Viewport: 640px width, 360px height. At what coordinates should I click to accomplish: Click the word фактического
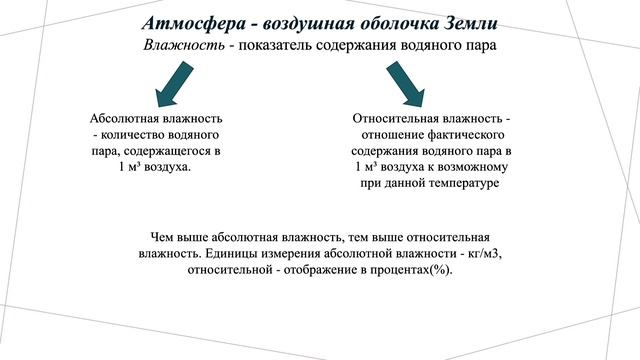pos(466,135)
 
